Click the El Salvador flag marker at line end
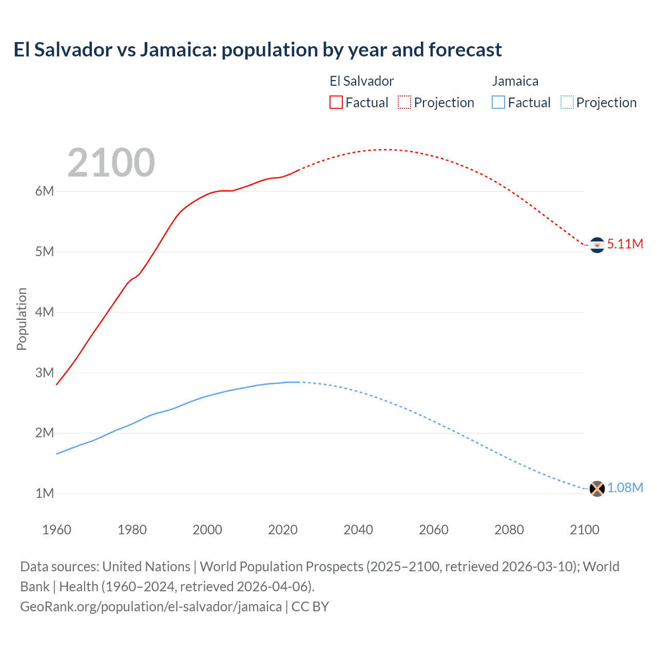pyautogui.click(x=596, y=245)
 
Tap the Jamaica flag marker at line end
pyautogui.click(x=596, y=489)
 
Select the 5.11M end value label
pyautogui.click(x=625, y=244)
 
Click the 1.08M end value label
pyautogui.click(x=625, y=488)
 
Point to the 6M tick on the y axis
pyautogui.click(x=45, y=191)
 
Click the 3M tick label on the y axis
pyautogui.click(x=45, y=373)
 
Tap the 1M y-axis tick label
pyautogui.click(x=45, y=494)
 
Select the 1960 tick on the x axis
pyautogui.click(x=56, y=530)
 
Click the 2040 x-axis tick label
pyautogui.click(x=358, y=530)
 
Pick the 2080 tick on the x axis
pyautogui.click(x=509, y=530)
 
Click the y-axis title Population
pyautogui.click(x=22, y=319)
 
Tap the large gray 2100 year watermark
pyautogui.click(x=111, y=163)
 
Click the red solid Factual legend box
pyautogui.click(x=336, y=102)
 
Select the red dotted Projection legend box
pyautogui.click(x=404, y=102)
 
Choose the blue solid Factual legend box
pyautogui.click(x=498, y=102)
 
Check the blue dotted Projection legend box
pyautogui.click(x=567, y=102)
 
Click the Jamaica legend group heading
pyautogui.click(x=515, y=81)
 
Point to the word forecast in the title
pyautogui.click(x=465, y=50)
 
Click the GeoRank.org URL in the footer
pyautogui.click(x=151, y=607)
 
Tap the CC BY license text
pyautogui.click(x=310, y=607)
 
